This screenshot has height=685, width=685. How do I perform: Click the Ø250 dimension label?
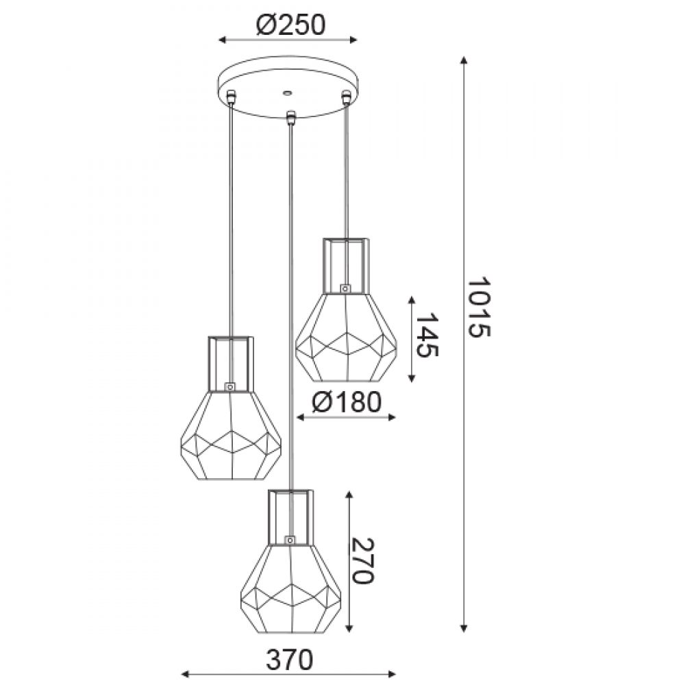(290, 25)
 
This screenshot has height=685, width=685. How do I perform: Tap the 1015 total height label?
(479, 307)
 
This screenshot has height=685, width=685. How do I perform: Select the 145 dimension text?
(425, 335)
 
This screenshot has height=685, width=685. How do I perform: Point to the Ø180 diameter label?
(347, 402)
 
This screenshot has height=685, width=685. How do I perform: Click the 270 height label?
(362, 561)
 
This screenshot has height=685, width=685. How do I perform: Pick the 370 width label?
(290, 660)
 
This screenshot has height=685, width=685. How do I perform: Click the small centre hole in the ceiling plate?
(287, 92)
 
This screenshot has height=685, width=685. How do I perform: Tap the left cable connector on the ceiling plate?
(231, 96)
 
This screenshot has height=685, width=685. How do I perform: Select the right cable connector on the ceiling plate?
(347, 96)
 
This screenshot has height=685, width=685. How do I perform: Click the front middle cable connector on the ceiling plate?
(290, 117)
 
